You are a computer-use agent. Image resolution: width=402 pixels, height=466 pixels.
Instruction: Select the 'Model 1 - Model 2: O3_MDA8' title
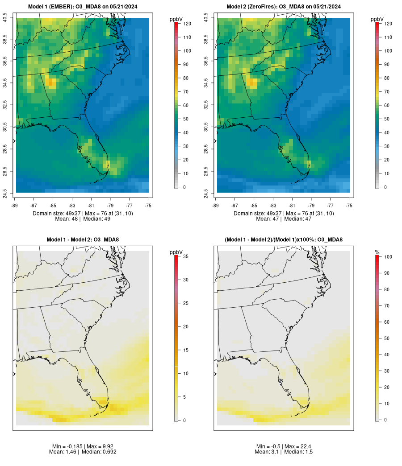(x=83, y=240)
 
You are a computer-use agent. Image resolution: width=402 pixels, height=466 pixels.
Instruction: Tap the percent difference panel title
(x=284, y=240)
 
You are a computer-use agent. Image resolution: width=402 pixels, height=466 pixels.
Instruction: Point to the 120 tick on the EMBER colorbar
(x=187, y=24)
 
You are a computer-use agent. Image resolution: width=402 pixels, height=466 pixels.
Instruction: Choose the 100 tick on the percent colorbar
(x=389, y=256)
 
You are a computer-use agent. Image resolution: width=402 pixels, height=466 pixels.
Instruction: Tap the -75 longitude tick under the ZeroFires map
(x=349, y=206)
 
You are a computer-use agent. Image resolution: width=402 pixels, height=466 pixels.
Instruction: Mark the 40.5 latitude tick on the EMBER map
(x=5, y=18)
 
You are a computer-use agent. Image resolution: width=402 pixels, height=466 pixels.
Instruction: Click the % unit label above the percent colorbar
(x=377, y=252)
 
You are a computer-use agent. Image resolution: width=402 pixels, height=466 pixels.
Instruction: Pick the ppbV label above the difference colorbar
(x=176, y=252)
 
